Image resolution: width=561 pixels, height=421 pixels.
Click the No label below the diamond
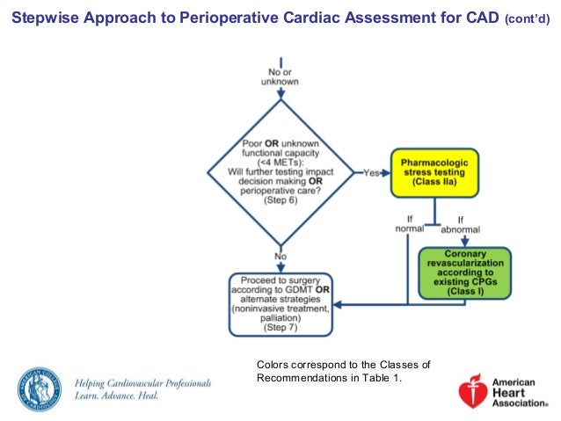pyautogui.click(x=280, y=258)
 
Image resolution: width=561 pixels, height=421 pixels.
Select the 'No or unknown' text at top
pyautogui.click(x=280, y=76)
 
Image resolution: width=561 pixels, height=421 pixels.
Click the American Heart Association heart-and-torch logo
pyautogui.click(x=475, y=388)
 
